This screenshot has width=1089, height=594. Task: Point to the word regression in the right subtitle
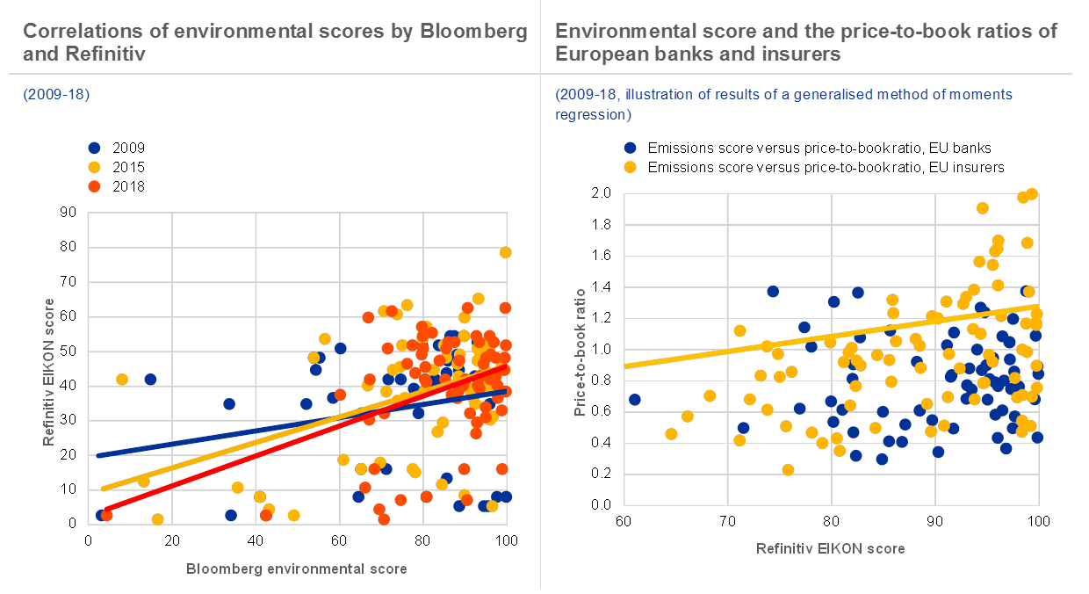click(x=593, y=115)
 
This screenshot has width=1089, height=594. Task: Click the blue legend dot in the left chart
click(x=94, y=148)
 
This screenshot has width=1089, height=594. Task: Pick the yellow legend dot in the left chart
click(x=94, y=167)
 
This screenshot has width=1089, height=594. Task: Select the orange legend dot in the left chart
click(x=94, y=186)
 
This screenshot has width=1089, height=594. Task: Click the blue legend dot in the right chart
click(x=630, y=148)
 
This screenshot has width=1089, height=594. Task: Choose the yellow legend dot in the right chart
click(x=630, y=167)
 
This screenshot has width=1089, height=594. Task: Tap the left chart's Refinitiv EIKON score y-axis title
click(x=50, y=372)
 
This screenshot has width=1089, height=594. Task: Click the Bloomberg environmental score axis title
click(x=297, y=569)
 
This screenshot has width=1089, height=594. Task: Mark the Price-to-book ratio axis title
click(x=581, y=351)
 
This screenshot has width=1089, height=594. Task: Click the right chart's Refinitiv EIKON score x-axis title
click(x=831, y=548)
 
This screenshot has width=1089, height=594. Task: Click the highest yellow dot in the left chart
click(x=506, y=252)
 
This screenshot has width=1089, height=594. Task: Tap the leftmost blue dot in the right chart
click(x=635, y=400)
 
